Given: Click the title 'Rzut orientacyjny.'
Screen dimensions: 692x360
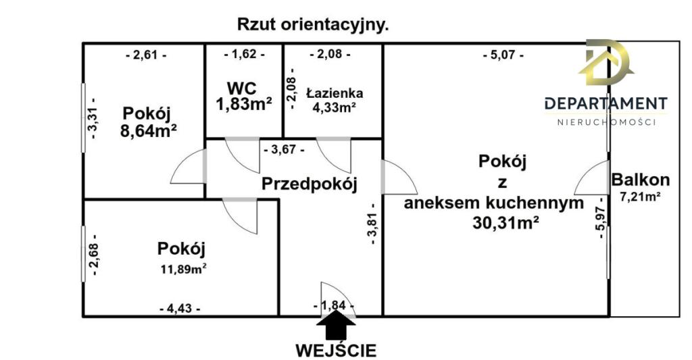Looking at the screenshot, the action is [313, 25].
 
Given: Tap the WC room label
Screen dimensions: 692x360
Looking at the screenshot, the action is [243, 88].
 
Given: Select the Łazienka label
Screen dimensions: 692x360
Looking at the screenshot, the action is [335, 93].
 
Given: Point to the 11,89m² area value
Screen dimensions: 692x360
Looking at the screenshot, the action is [184, 268].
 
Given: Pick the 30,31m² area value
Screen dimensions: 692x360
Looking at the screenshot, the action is [505, 223].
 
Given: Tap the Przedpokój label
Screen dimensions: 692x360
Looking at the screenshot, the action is [309, 184].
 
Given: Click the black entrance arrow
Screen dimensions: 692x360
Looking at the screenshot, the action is [336, 324].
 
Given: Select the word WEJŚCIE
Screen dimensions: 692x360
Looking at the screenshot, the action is [336, 351].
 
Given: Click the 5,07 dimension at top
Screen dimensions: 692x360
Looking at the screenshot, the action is [503, 55].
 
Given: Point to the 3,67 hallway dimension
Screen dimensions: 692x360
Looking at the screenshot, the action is [284, 150].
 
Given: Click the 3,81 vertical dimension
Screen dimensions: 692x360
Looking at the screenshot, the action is [372, 224].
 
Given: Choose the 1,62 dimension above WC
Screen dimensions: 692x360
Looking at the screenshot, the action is [244, 55].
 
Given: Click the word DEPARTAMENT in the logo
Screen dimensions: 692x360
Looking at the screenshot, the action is [606, 103].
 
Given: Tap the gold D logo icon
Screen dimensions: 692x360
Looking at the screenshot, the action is [605, 62].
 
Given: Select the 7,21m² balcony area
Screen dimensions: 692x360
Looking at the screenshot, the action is [641, 197].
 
